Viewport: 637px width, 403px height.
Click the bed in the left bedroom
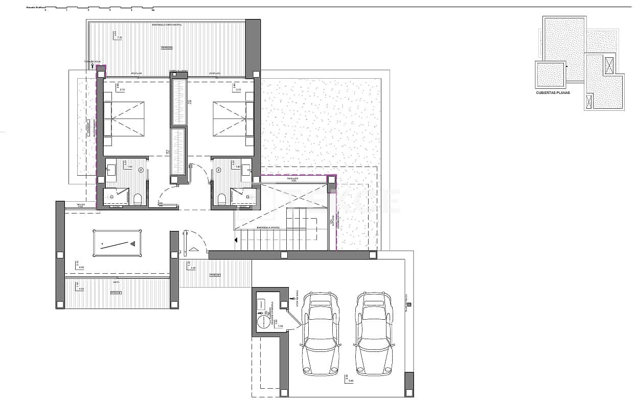(x=124, y=118)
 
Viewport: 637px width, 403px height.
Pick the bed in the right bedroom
(x=233, y=118)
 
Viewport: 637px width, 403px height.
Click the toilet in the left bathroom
(x=137, y=199)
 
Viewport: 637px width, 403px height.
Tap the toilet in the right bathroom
(x=222, y=199)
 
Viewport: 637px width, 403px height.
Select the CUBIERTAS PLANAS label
(x=553, y=93)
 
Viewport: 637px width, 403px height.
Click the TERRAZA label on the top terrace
(x=166, y=48)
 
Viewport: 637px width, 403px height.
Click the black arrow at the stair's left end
(x=236, y=240)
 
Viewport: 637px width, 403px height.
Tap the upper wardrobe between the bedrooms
(x=178, y=101)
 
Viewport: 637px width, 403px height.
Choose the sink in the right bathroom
(x=246, y=166)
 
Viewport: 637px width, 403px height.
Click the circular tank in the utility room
(x=262, y=322)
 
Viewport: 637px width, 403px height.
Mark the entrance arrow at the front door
(x=193, y=249)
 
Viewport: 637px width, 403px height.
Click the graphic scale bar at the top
(x=99, y=8)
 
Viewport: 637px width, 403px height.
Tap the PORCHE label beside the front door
(x=215, y=275)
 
